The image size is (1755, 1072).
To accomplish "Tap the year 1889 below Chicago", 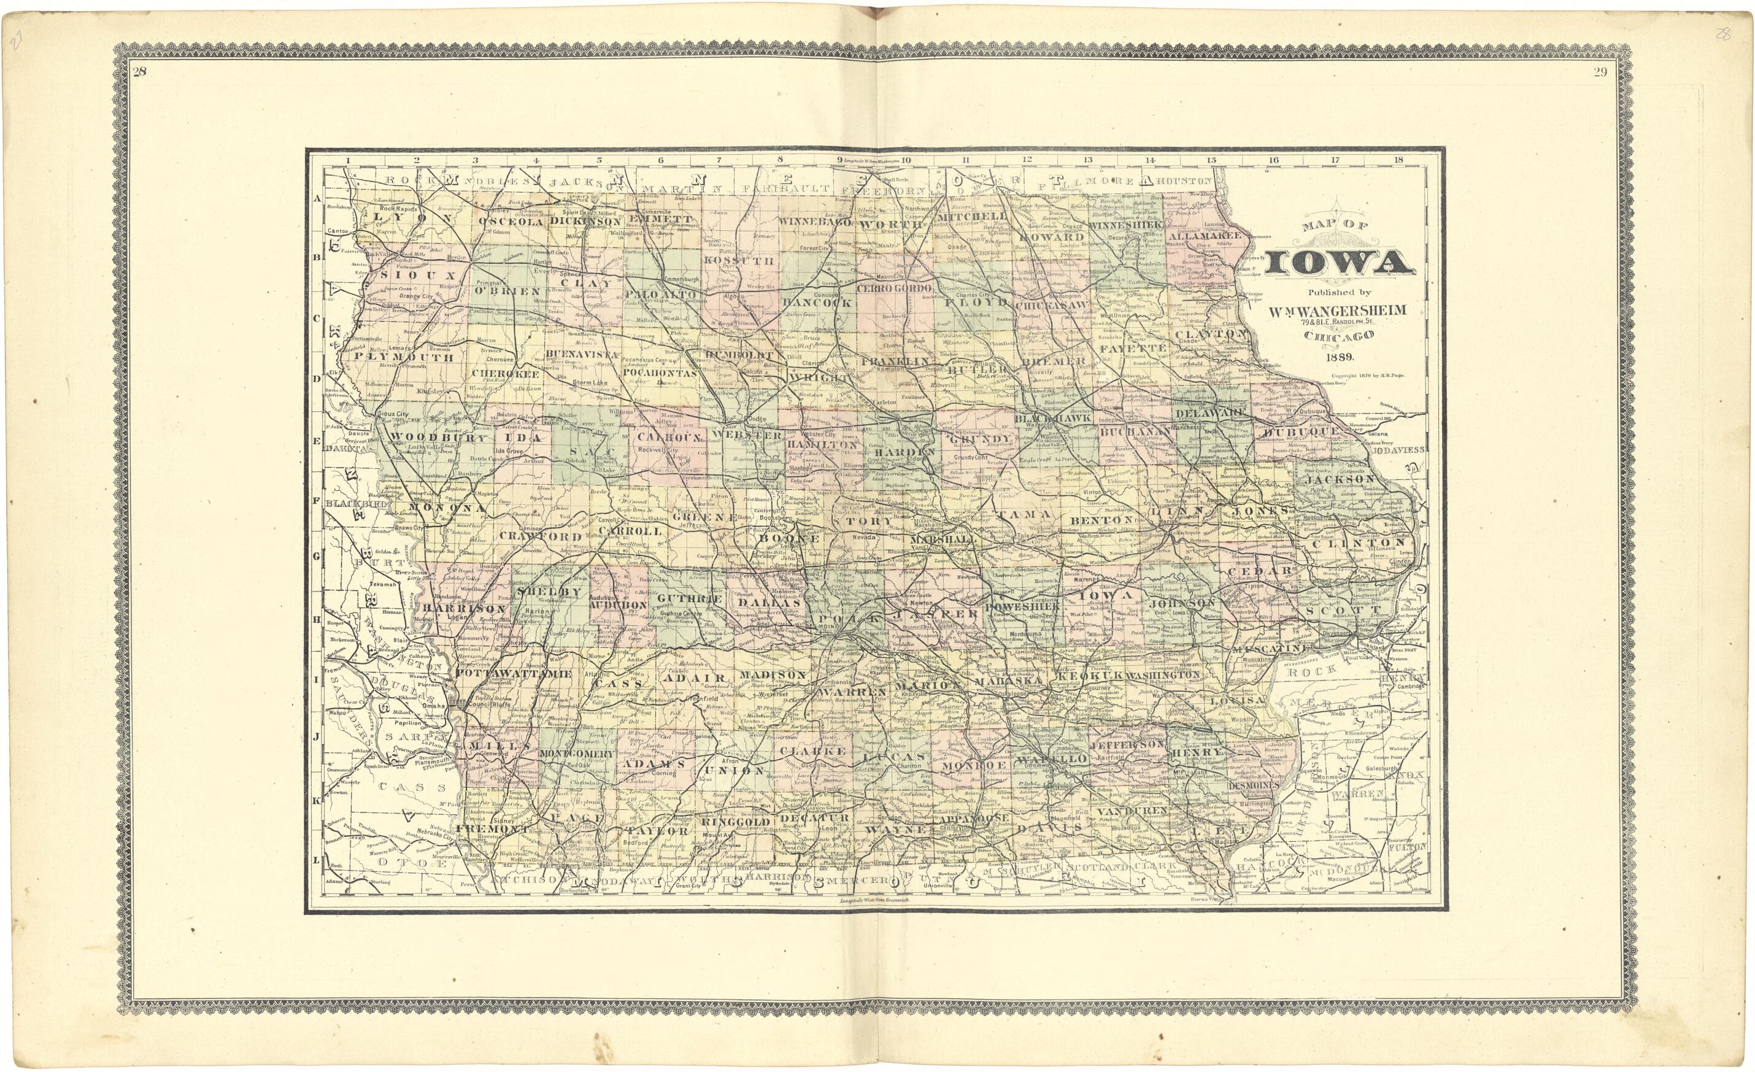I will [1340, 358].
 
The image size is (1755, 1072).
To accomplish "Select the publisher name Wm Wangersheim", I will [1339, 310].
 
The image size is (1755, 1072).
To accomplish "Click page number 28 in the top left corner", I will [140, 71].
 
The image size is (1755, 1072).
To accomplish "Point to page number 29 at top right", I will [1600, 71].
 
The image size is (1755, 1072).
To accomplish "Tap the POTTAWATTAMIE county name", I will [512, 673].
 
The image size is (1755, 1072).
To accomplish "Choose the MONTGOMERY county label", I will [576, 754].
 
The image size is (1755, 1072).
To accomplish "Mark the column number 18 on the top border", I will [1398, 160].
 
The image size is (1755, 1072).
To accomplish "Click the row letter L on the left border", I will [315, 860].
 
